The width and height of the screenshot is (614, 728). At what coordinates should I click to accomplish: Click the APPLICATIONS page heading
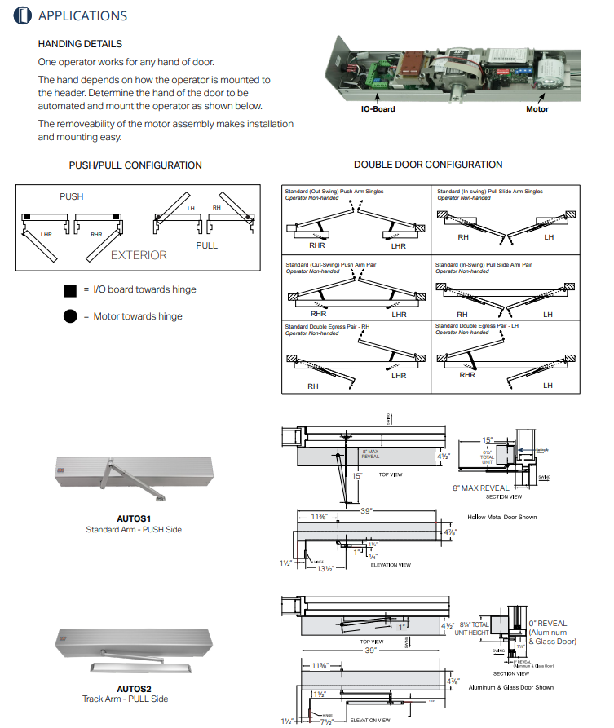[82, 15]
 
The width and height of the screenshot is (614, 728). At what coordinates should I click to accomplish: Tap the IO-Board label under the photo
[378, 108]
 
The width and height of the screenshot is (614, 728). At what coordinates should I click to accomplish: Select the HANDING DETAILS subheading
[80, 44]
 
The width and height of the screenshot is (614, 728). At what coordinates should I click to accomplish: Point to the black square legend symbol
[70, 290]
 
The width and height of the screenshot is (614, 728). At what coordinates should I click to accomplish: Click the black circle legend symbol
[70, 316]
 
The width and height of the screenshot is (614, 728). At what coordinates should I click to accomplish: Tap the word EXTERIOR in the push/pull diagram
[139, 255]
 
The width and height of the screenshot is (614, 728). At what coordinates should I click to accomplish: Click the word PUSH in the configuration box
[71, 196]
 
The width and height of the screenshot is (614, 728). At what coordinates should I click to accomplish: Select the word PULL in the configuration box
[207, 245]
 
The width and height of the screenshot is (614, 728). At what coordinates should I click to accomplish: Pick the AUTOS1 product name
[134, 518]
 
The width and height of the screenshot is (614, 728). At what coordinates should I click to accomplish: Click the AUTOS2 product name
[134, 688]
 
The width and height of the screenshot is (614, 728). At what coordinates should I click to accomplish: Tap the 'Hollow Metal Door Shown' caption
[502, 517]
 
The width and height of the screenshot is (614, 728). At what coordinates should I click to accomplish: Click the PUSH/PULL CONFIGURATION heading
[135, 165]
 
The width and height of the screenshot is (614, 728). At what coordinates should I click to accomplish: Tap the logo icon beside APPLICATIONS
[23, 15]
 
